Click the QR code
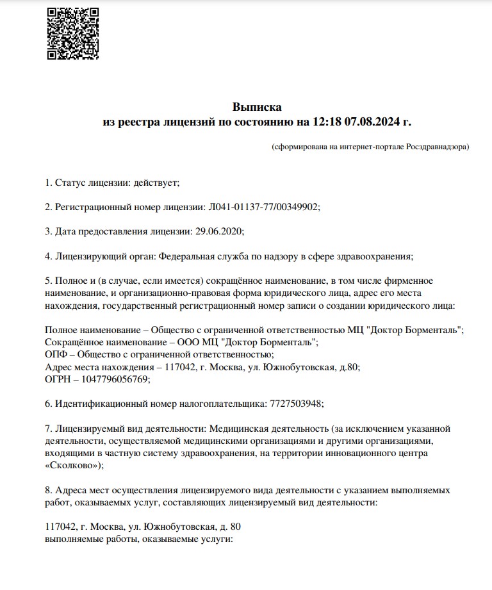72,33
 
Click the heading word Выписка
256,107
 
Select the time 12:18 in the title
327,121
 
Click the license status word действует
155,183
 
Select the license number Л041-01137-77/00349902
263,207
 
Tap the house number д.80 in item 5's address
350,367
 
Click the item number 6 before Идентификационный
48,404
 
